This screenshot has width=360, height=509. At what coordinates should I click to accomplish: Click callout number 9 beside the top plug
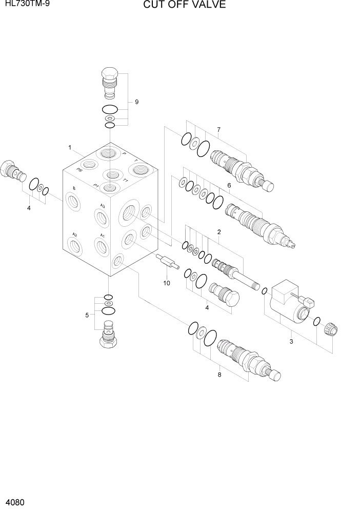(x=136, y=102)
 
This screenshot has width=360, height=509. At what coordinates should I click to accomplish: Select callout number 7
(x=218, y=129)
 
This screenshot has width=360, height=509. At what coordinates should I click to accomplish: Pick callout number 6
(x=229, y=185)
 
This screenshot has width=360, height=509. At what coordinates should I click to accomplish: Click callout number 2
(x=219, y=232)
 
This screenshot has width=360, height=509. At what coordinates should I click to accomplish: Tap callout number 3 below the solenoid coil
(x=291, y=341)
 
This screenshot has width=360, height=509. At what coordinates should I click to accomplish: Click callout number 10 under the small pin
(x=166, y=283)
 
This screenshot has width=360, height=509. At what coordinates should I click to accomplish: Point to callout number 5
(x=87, y=315)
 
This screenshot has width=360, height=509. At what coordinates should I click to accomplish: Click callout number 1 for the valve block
(x=69, y=148)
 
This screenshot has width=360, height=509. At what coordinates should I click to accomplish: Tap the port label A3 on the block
(x=103, y=206)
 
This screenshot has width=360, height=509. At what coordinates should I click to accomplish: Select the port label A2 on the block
(x=75, y=234)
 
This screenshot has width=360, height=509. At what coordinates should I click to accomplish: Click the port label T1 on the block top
(x=124, y=181)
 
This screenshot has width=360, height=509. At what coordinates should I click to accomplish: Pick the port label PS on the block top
(x=79, y=169)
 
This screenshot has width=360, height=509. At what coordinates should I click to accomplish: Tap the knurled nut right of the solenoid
(x=331, y=328)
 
